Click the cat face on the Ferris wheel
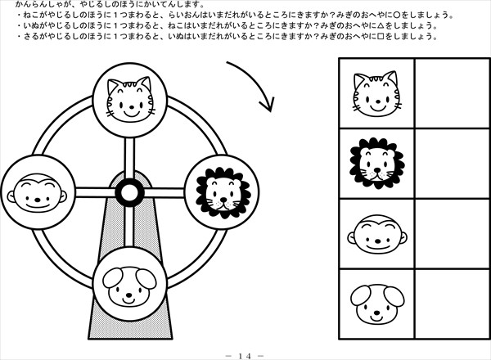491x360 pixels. pos(130,99)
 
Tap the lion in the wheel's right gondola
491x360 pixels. pos(223,192)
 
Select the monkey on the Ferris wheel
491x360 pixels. pos(37,193)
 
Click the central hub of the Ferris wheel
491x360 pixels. pos(129,192)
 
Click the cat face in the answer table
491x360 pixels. pos(377,93)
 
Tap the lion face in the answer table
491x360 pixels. pos(377,163)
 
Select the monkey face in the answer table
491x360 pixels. pos(377,234)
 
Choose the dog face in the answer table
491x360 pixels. pos(377,304)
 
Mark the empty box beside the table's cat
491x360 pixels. pos(453,93)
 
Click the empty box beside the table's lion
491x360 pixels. pos(453,163)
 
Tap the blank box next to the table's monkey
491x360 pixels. pos(453,233)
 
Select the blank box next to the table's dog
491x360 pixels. pos(453,304)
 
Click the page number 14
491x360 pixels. pos(245,356)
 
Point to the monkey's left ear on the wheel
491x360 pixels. pos(11,196)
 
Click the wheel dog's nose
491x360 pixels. pos(128,295)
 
